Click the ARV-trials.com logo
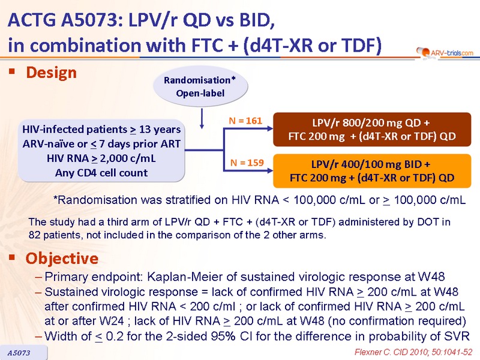[x=445, y=53]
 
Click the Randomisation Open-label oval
[x=200, y=86]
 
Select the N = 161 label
[x=245, y=121]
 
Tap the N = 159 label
[x=247, y=163]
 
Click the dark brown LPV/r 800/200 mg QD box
[x=372, y=130]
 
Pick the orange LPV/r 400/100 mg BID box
[x=372, y=171]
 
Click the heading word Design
[x=51, y=73]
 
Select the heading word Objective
[x=62, y=259]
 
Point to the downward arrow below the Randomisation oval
[x=202, y=118]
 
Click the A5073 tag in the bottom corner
[x=19, y=353]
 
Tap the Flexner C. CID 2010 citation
[x=413, y=352]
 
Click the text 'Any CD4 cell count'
[x=101, y=173]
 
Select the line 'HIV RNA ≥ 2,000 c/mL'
[x=101, y=158]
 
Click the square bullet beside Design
[x=12, y=71]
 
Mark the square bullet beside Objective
[x=12, y=257]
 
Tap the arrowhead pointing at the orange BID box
[x=270, y=170]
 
